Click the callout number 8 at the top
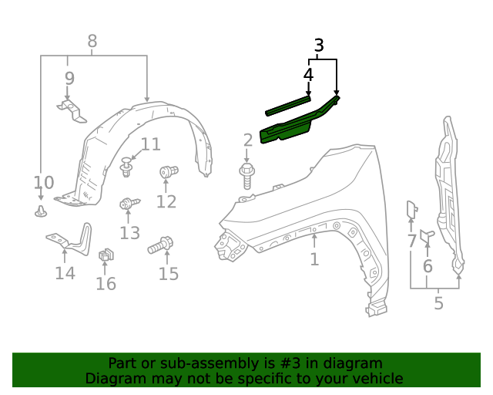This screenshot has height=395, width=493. pos(92,41)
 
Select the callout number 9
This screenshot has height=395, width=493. pos(69,78)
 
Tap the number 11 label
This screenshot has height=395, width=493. pos(150,144)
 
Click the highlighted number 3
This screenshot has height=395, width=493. pos(319,46)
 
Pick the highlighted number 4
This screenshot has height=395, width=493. pos(308,75)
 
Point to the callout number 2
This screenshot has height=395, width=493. pos(247,140)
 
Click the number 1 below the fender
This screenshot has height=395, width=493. pos(314,259)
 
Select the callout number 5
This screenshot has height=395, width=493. pos(438,303)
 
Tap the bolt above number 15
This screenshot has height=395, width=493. pos(161,246)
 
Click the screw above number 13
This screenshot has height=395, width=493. pos(128,204)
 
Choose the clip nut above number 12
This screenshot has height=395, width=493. pos(168,171)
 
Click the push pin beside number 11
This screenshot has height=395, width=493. pos(127,164)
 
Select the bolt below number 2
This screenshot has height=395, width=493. pos(247,174)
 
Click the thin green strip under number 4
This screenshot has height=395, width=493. pos(288,104)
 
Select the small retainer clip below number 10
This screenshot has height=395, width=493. pos(41,211)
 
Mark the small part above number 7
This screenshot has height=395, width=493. pos(411,209)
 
